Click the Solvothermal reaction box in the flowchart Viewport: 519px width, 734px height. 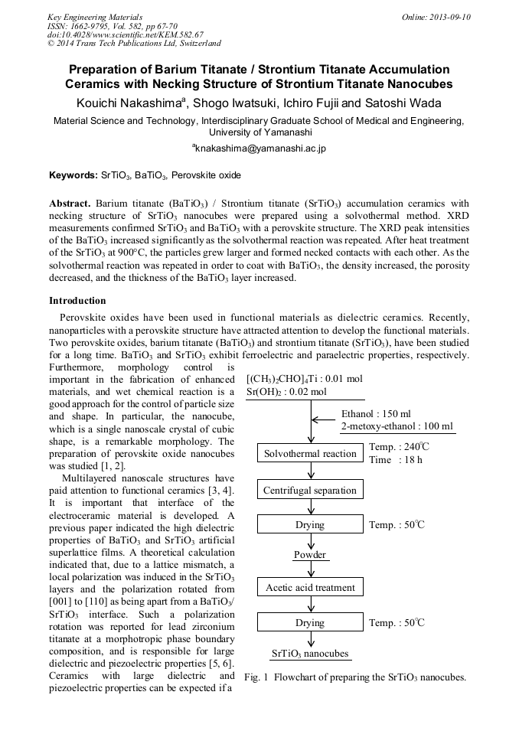click(310, 454)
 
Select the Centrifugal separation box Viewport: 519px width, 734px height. click(310, 490)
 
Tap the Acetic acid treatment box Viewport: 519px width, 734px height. click(310, 588)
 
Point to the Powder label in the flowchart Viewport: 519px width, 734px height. click(310, 555)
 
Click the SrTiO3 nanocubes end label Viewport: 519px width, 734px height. click(310, 654)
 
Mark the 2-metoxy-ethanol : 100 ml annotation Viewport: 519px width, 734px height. click(397, 426)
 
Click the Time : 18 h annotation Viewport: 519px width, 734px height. click(395, 460)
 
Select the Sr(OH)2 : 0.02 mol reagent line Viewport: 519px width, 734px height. click(286, 392)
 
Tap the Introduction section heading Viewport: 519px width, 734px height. click(77, 301)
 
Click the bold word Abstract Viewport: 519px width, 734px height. click(70, 204)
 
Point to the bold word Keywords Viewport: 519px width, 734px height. click(73, 175)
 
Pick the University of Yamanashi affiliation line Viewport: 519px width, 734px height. click(259, 132)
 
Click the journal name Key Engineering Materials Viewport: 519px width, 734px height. click(95, 17)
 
